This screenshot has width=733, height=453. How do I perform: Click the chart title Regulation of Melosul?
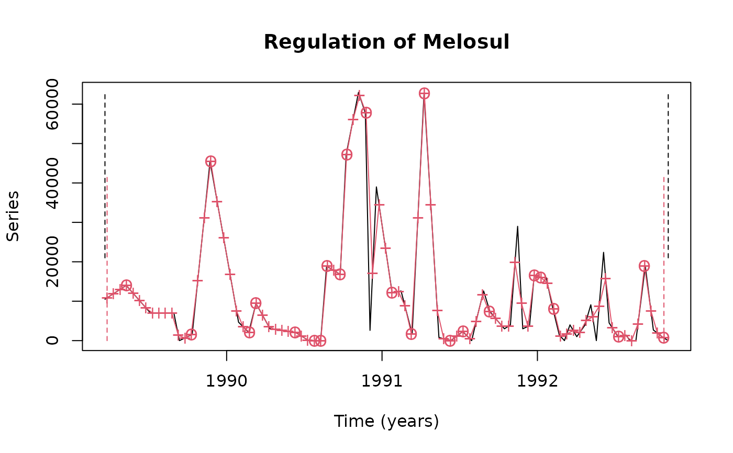pos(386,42)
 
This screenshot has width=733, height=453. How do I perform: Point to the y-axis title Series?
pos(13,216)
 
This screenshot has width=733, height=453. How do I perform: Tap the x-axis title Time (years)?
pos(386,421)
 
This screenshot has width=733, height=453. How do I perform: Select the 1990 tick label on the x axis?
pos(226,381)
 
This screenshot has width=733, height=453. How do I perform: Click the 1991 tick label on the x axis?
pos(382,381)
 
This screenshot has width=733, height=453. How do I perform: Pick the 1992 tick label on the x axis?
pos(537,381)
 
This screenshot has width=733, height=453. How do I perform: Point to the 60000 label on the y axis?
pos(52,104)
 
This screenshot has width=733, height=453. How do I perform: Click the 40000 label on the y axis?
pos(52,183)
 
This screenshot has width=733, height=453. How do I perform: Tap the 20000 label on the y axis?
pos(52,262)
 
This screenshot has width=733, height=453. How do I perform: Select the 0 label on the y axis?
pos(52,341)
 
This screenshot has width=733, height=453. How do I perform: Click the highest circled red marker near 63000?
pos(424,94)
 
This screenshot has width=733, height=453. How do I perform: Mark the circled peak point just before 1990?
pos(210,161)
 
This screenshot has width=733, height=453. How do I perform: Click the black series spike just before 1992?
pos(518,227)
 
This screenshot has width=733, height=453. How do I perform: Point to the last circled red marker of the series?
pos(663,337)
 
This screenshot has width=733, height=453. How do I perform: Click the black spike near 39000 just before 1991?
pos(376,187)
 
